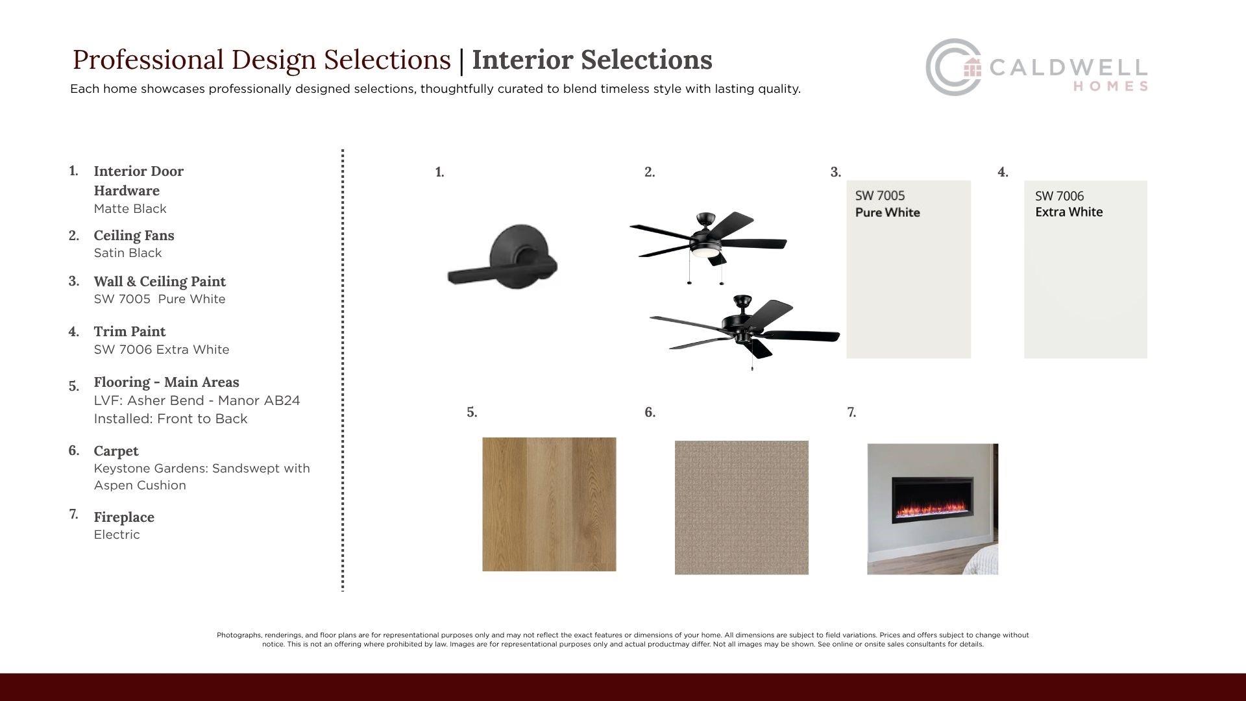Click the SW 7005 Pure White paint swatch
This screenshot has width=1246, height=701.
909,269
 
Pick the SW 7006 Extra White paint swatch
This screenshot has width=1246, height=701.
1086,269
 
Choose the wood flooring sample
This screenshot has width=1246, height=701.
549,504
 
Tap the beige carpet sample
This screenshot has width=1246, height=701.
742,508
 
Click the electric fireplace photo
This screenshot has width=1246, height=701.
933,509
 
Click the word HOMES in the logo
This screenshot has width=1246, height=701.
1110,86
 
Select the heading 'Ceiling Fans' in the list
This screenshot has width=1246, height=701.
134,235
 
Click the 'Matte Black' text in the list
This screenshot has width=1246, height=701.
130,208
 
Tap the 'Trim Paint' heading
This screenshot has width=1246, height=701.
130,331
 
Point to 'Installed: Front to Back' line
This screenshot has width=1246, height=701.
171,419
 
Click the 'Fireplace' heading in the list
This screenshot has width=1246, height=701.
124,517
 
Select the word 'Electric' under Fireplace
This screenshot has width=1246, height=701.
117,534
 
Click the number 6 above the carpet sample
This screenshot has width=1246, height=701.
650,412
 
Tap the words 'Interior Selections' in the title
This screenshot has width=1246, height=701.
592,60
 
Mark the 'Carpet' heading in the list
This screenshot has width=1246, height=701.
116,450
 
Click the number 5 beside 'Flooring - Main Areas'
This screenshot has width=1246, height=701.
74,386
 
